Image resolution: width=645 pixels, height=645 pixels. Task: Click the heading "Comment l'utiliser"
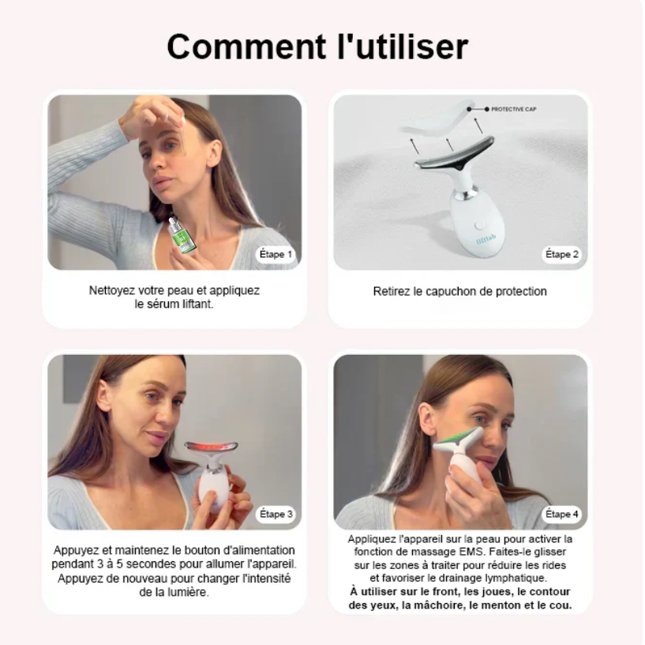coord(317,47)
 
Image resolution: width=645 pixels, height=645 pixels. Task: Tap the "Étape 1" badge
coord(276,255)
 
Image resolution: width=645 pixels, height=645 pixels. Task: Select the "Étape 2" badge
coord(562,255)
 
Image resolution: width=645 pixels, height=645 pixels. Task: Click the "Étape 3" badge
coord(276,514)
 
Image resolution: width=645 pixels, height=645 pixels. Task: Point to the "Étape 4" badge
coord(562,514)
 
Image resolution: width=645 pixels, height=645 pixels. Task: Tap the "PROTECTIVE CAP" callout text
coord(514,109)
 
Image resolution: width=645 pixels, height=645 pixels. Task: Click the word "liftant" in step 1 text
coord(197,304)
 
